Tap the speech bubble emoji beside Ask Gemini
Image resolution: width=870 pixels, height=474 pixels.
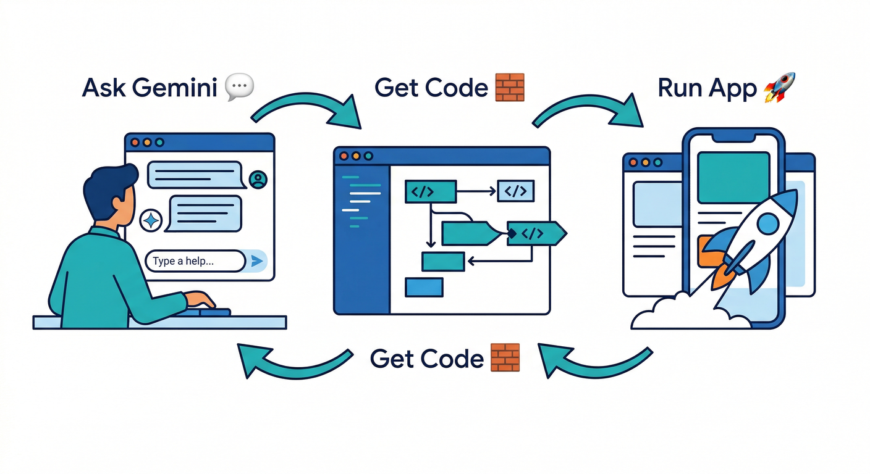239,88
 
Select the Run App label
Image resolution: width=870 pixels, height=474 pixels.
707,88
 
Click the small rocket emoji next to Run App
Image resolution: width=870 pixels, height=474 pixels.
779,87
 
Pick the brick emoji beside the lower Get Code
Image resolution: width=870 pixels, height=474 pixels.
505,358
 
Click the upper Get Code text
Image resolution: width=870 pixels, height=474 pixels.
431,88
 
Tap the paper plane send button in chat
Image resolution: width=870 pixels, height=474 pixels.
257,262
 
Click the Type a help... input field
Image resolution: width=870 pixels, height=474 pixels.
195,261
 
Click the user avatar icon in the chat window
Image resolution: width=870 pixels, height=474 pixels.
257,180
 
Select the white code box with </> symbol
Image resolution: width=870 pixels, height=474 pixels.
516,191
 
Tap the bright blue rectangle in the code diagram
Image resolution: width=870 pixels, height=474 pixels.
424,287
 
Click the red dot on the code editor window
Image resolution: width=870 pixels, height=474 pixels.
344,156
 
